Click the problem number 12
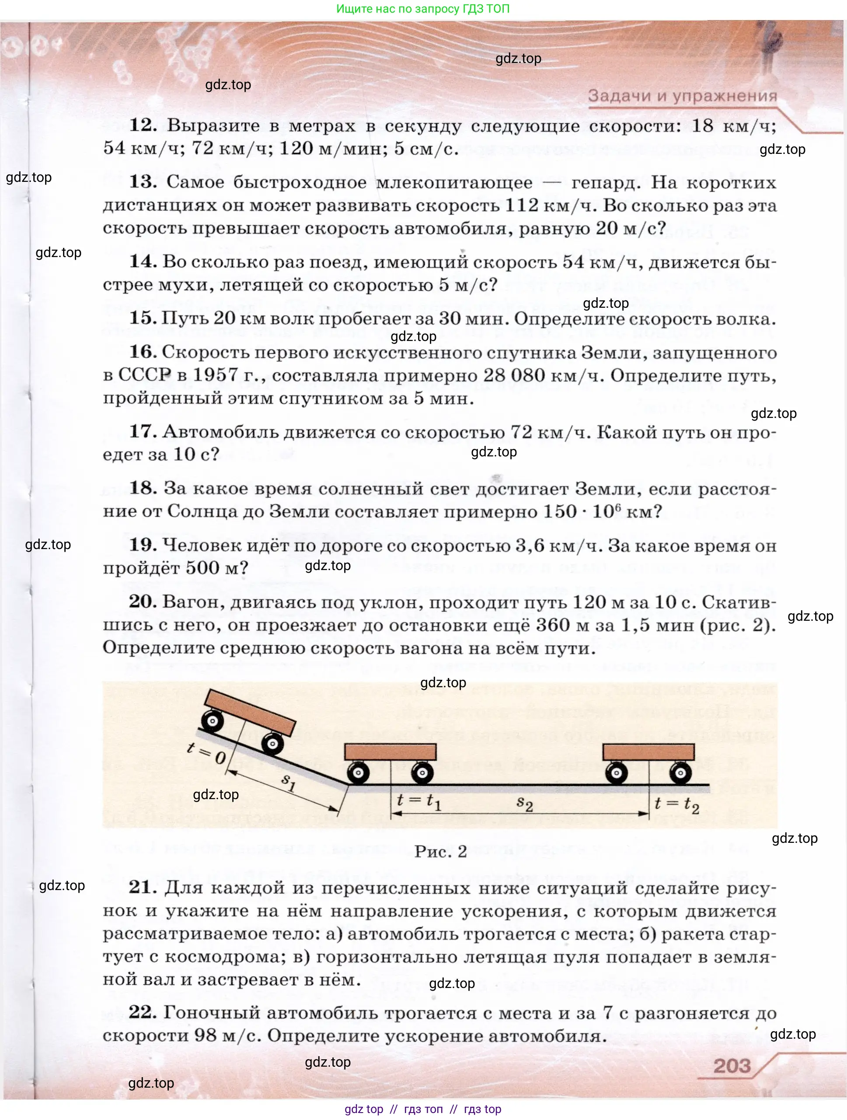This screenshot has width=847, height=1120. coord(143,125)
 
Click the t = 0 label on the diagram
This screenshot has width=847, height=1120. coord(206,753)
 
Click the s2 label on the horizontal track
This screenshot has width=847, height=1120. coord(524,803)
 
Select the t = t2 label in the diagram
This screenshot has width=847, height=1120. coord(677,803)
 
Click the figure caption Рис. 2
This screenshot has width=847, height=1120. coord(440,852)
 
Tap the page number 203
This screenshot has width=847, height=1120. coord(732,1066)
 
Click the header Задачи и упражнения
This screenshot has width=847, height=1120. coord(682,96)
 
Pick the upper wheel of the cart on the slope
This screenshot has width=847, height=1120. coord(212,720)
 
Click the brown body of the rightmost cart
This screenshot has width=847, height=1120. coord(648,751)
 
